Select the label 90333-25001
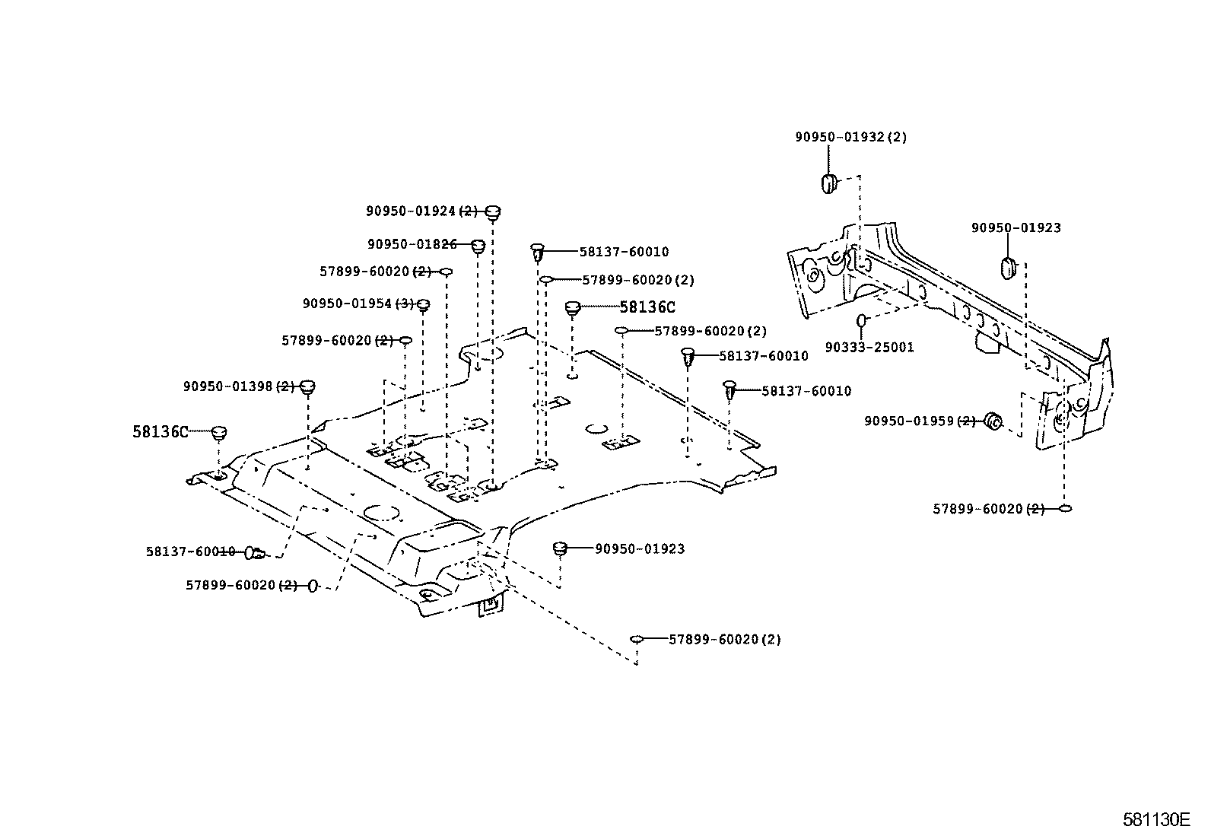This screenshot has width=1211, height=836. [x=869, y=348]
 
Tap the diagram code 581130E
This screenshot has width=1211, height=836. [x=1155, y=819]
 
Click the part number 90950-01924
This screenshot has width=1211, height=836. [x=411, y=211]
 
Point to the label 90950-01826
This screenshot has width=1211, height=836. [x=412, y=244]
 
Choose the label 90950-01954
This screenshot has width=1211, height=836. [x=348, y=304]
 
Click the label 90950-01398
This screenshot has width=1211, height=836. [x=228, y=386]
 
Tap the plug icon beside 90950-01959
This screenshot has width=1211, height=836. [x=993, y=421]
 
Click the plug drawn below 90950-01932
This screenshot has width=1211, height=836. [x=828, y=183]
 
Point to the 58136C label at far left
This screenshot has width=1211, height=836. [x=160, y=432]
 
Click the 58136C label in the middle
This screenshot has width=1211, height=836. [x=647, y=307]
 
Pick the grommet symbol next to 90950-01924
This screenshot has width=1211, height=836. [x=493, y=211]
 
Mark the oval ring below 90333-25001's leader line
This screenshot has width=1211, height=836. [x=861, y=320]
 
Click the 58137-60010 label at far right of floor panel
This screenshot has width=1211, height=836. [x=806, y=391]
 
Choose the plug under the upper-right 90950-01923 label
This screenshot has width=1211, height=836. [x=1008, y=268]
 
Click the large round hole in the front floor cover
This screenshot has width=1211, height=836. [x=380, y=513]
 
